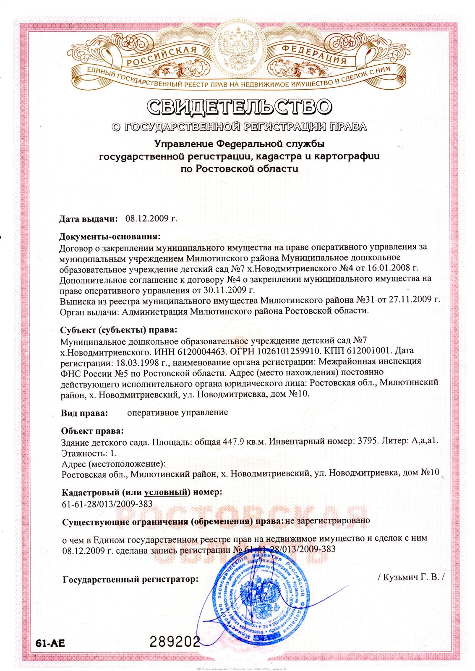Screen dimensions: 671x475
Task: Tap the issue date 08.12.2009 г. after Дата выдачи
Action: (151, 218)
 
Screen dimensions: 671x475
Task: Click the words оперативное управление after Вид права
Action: (177, 412)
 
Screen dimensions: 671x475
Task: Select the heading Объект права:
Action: (92, 431)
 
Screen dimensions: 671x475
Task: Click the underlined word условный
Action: (165, 492)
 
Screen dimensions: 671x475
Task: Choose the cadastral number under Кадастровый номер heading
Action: (107, 504)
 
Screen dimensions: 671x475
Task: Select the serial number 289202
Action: (175, 641)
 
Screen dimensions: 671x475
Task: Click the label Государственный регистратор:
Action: (130, 580)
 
